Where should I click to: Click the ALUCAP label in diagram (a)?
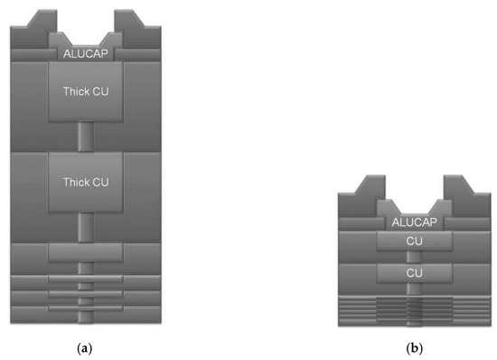tap(85, 53)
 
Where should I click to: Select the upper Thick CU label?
tap(85, 91)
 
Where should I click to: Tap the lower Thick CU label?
tap(85, 182)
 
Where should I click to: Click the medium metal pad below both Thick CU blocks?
tap(85, 251)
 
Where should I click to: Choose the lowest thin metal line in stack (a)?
tap(85, 308)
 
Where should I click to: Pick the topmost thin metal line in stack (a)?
tap(85, 279)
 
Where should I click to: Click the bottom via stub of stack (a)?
tap(85, 316)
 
